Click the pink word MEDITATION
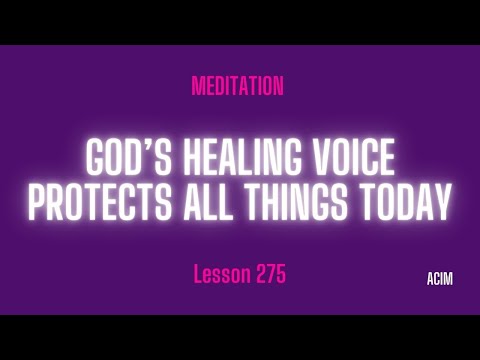237,87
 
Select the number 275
270,274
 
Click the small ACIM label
437,280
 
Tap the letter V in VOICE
319,161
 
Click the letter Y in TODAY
441,203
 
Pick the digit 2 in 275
258,274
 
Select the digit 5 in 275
281,274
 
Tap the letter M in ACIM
448,280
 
